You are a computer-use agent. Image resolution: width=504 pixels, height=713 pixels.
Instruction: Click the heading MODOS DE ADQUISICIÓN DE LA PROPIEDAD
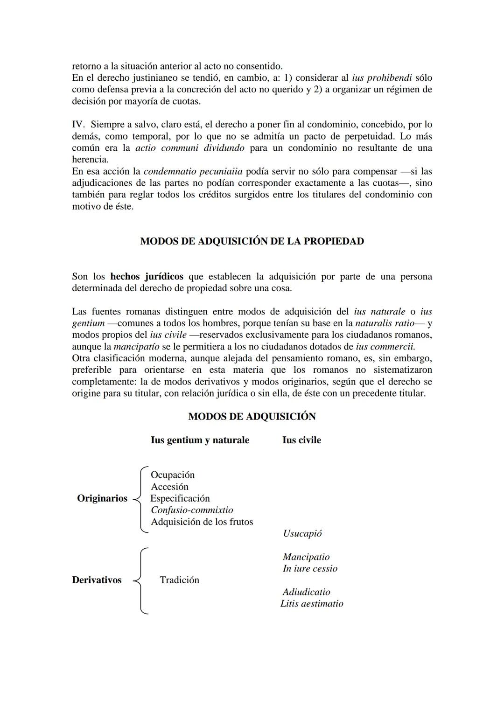click(x=252, y=241)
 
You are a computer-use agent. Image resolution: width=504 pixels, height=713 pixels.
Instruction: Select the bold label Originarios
click(x=102, y=498)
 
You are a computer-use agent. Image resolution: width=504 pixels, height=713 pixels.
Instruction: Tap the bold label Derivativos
click(x=97, y=580)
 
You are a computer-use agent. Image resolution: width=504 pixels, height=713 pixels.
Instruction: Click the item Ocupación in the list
click(x=173, y=475)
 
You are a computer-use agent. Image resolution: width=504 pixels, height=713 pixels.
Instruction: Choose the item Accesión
click(x=169, y=487)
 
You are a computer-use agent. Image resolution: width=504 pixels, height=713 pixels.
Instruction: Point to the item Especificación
click(x=180, y=498)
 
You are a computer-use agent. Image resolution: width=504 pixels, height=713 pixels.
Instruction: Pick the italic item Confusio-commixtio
click(x=192, y=510)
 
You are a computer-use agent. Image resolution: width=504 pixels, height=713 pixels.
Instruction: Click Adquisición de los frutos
click(x=202, y=522)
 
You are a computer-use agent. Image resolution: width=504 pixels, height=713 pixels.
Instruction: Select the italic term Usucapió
click(x=302, y=533)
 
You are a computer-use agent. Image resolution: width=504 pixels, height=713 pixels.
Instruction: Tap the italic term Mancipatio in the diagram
click(x=306, y=557)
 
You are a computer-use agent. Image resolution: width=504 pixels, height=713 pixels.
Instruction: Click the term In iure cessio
click(x=310, y=568)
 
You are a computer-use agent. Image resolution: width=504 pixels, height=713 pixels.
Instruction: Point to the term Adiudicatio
click(x=306, y=592)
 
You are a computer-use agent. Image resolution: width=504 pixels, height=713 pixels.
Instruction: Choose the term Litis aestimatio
click(x=312, y=603)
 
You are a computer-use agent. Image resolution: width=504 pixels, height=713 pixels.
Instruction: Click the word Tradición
click(x=179, y=580)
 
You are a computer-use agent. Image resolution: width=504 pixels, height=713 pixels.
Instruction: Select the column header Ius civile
click(x=301, y=440)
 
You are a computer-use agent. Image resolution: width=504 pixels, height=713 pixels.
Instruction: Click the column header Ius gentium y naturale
click(x=200, y=440)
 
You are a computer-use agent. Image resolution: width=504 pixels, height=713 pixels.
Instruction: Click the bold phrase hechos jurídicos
click(x=147, y=277)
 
